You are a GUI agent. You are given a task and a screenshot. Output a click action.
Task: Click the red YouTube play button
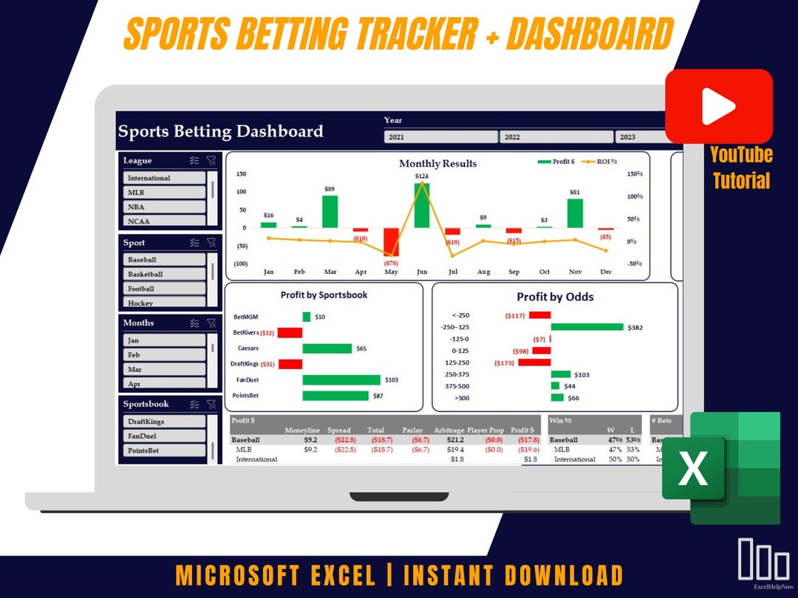tap(718, 106)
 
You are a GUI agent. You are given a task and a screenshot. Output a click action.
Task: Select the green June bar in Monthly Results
tap(422, 205)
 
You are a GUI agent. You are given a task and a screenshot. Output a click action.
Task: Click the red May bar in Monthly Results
tap(391, 241)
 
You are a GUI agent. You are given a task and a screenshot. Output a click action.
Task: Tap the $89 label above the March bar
tap(330, 190)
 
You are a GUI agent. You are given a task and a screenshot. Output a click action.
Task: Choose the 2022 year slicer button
tap(556, 137)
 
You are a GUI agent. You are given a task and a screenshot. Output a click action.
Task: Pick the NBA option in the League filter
tap(164, 207)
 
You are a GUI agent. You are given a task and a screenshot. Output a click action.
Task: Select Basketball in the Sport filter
tap(164, 274)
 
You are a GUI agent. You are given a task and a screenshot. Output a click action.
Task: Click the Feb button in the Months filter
tap(164, 355)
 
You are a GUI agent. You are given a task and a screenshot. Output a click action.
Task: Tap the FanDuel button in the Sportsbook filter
tap(164, 436)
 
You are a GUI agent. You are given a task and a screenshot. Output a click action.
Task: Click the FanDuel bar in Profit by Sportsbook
tap(341, 379)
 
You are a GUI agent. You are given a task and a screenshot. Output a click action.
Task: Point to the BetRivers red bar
tap(290, 333)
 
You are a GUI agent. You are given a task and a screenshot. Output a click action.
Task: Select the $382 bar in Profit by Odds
tap(587, 327)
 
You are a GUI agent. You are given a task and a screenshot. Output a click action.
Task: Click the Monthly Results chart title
tap(437, 163)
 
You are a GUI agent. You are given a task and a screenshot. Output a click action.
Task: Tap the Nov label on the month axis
tap(575, 272)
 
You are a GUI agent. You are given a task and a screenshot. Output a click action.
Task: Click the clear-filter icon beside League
tap(211, 160)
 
